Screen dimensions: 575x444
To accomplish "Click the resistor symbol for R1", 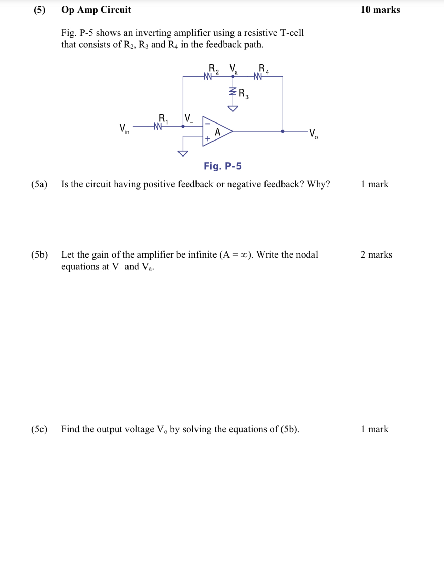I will tap(158, 126).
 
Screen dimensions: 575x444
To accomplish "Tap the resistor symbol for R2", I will tap(208, 77).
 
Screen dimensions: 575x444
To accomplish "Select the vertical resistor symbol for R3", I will tap(233, 92).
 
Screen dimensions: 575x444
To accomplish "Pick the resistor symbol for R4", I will tap(258, 77).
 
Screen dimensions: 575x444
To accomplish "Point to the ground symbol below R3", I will tap(233, 109).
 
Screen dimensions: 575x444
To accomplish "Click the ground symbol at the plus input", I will tap(183, 153).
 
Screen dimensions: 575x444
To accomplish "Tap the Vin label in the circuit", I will tap(124, 129).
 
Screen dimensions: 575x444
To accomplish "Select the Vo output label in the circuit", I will tap(313, 133).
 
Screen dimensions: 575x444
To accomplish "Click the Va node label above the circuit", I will tap(234, 69).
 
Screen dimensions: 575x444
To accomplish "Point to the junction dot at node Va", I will tap(233, 77).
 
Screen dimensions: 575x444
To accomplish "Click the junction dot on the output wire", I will tap(283, 131).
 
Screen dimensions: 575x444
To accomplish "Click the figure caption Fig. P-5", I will tap(223, 166).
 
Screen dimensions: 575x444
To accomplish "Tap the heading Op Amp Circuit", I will tap(96, 10).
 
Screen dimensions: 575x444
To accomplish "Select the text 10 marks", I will tap(380, 10).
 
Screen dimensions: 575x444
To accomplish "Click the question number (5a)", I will tap(39, 184).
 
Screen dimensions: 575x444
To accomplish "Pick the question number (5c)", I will tap(39, 429).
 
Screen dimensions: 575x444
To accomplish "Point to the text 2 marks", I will tap(376, 255).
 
